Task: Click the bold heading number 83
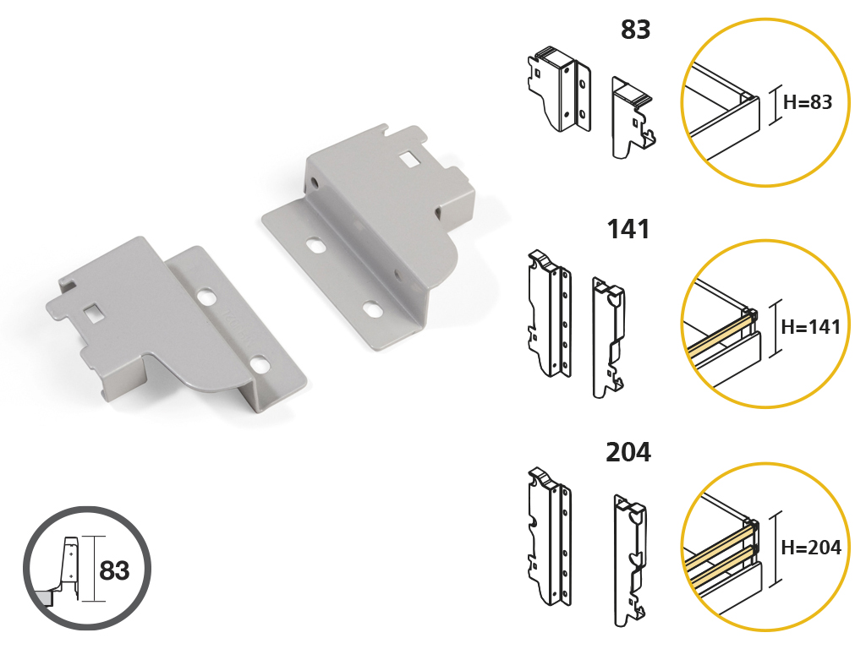tap(636, 30)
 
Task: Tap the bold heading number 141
tap(628, 229)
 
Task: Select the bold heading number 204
tap(628, 452)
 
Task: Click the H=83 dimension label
tap(808, 102)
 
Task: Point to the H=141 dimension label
tap(811, 327)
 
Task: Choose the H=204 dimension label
tap(811, 548)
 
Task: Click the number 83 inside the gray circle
tap(114, 570)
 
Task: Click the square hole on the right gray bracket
tap(409, 160)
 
